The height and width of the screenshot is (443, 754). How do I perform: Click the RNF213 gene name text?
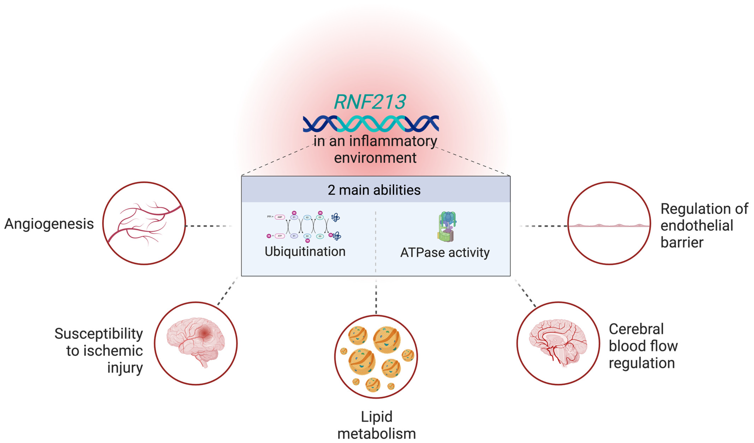coord(370,102)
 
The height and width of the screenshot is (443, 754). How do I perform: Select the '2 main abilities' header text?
coord(374,190)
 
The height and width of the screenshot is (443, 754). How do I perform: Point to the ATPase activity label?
coord(445,253)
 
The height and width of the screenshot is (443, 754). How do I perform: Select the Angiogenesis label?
coord(49,224)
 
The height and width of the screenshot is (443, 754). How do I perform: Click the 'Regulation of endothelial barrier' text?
coord(703,225)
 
